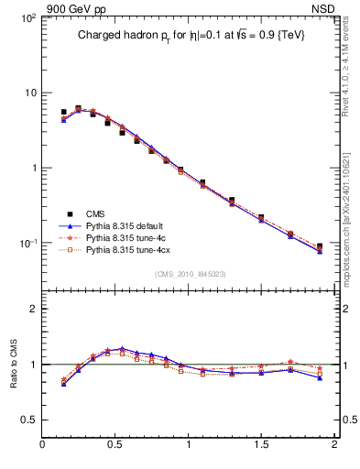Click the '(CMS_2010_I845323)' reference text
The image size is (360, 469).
pos(191,272)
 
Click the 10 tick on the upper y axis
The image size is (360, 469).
pos(29,93)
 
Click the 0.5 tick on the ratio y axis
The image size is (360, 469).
pos(28,419)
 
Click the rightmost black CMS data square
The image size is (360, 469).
pos(320,246)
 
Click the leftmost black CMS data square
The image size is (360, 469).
pos(63,112)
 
